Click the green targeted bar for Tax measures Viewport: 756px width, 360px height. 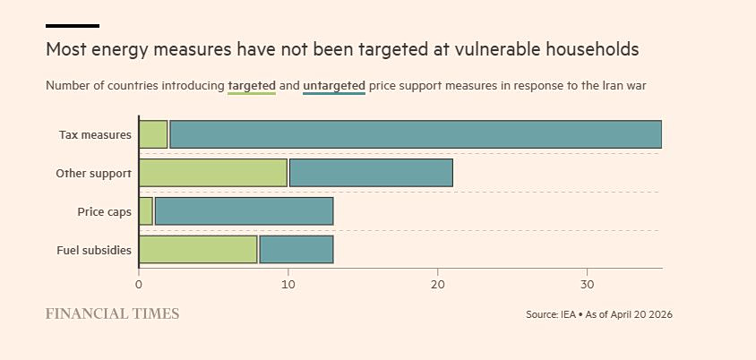tap(153, 134)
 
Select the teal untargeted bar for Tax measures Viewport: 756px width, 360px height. tap(415, 134)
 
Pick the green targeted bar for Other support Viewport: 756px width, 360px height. tap(213, 173)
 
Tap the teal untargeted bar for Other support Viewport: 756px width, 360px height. tap(371, 173)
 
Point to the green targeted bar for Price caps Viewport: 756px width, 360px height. tap(146, 211)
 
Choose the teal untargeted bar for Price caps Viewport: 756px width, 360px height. tap(244, 211)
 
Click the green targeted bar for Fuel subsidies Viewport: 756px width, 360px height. tap(198, 250)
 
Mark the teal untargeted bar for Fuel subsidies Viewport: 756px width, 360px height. tap(296, 250)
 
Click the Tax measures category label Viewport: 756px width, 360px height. tap(95, 135)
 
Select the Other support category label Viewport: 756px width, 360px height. tap(93, 174)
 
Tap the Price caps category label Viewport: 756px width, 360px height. tap(104, 212)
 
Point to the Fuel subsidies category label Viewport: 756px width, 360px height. tap(94, 251)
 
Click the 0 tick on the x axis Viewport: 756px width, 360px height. tap(139, 285)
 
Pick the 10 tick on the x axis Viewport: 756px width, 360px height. tap(288, 285)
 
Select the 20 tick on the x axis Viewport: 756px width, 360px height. tap(437, 285)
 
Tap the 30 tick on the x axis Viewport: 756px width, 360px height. tap(587, 285)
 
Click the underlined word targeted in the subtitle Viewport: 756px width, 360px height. tap(252, 86)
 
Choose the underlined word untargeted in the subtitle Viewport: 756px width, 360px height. tap(334, 86)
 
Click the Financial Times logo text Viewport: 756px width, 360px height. tap(112, 313)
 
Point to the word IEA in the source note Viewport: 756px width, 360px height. tap(568, 315)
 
